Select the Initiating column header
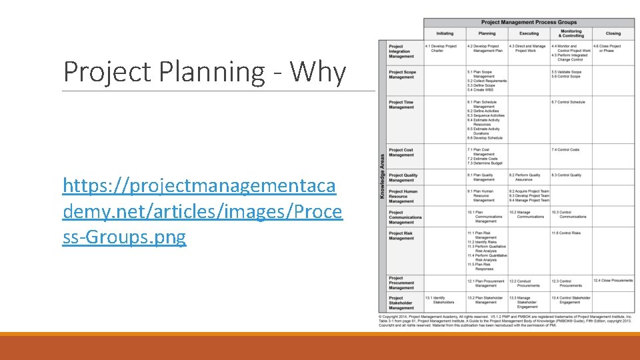pos(445,33)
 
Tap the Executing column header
pos(529,33)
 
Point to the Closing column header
pos(613,33)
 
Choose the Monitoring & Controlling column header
pos(571,33)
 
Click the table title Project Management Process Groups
pos(529,22)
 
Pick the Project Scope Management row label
pos(402,74)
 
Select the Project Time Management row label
pos(401,105)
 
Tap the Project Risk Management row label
pos(401,235)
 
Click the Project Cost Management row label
pos(401,152)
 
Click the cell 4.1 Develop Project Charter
pos(443,48)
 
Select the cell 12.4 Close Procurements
pos(613,281)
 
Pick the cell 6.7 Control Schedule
pos(568,102)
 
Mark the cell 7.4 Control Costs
pos(565,150)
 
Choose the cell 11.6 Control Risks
pos(566,233)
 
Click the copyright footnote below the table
pos(505,321)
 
